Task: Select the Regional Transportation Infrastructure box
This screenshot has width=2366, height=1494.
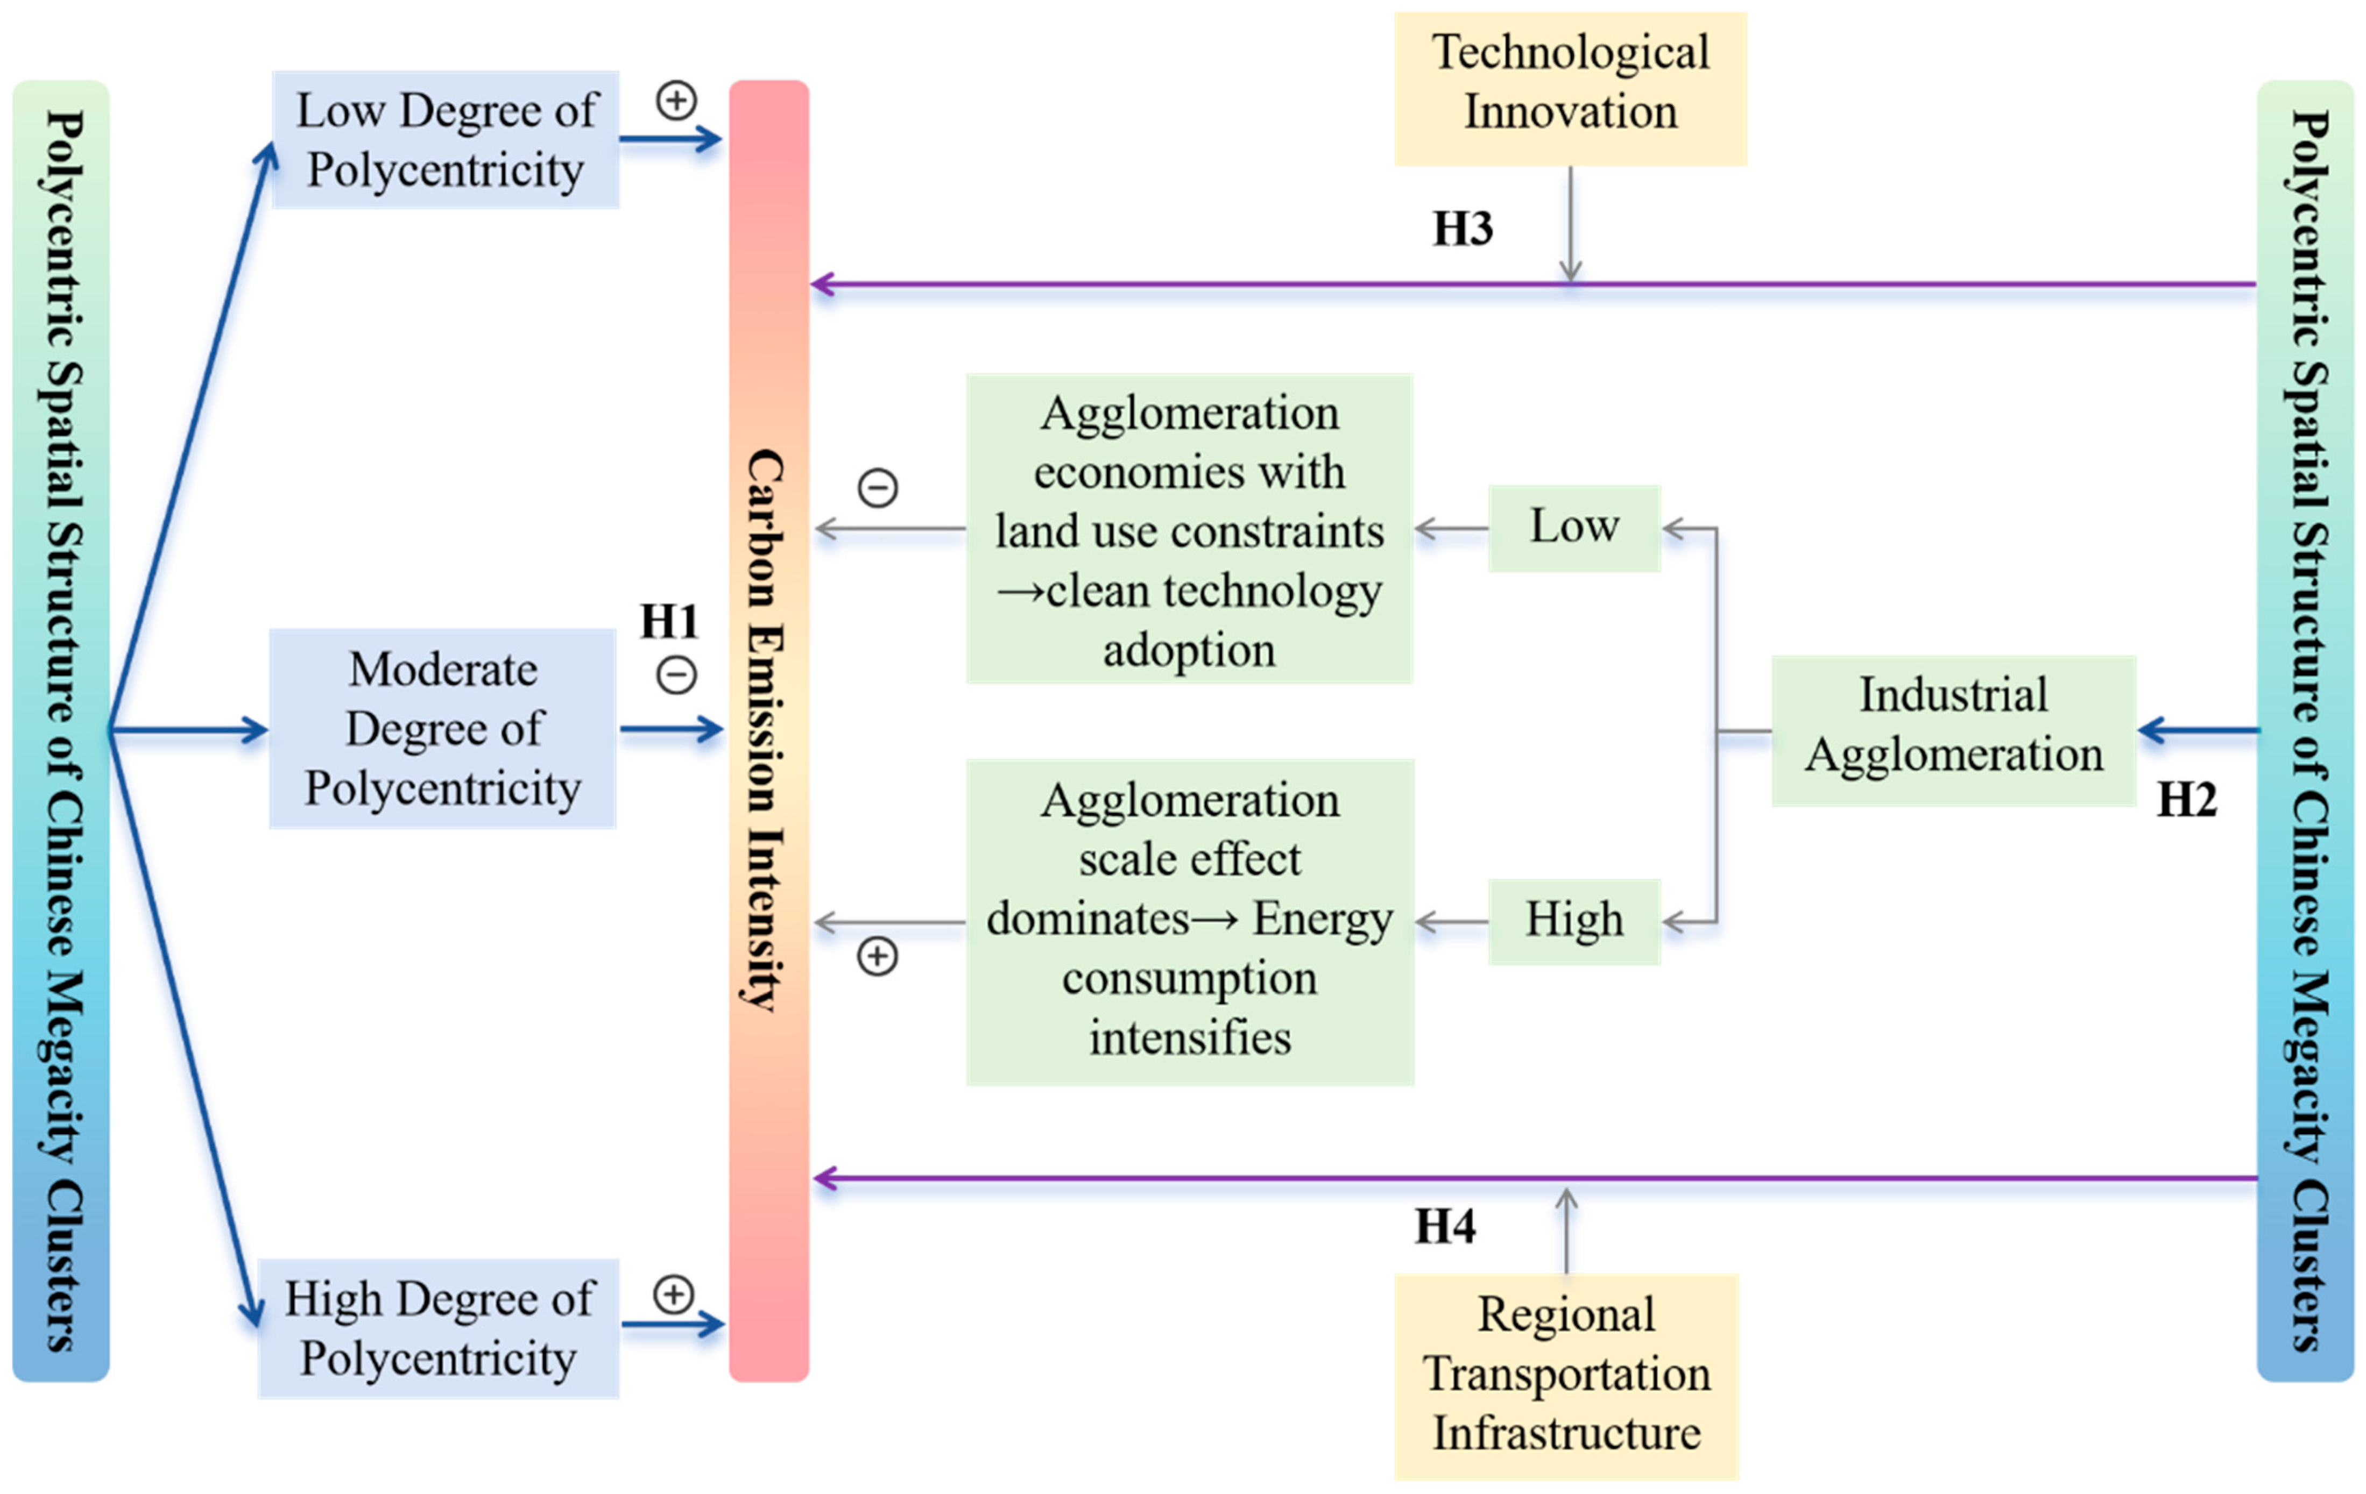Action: [x=1566, y=1375]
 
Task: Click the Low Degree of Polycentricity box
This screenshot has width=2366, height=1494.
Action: [x=445, y=139]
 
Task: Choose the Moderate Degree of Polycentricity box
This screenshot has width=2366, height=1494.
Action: [x=443, y=729]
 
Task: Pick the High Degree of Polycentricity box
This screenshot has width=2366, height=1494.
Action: [x=438, y=1328]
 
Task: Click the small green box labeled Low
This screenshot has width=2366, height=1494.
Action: [x=1574, y=528]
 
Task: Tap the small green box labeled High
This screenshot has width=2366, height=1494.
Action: [x=1574, y=920]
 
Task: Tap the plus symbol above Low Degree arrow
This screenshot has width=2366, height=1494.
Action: [x=676, y=100]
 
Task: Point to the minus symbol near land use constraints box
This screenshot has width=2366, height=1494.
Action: [x=878, y=487]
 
